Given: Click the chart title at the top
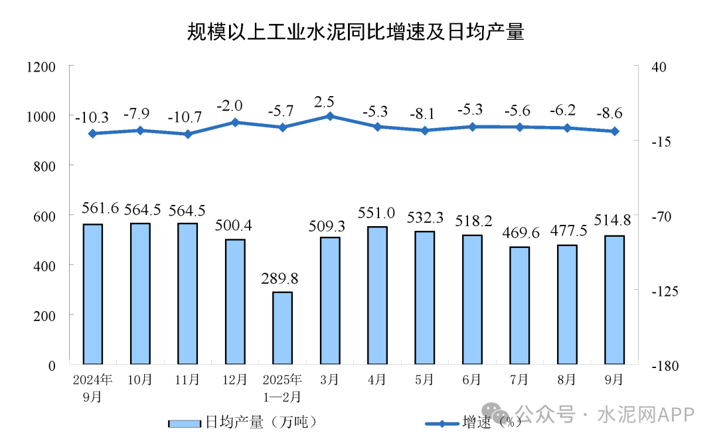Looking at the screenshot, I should tap(356, 31).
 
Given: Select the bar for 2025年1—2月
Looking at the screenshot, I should tap(282, 328).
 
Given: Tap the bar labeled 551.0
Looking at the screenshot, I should tap(377, 295).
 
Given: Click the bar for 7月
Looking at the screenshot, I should tap(519, 305).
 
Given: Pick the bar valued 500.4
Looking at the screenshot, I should tap(235, 302).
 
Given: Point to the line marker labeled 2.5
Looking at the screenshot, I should tap(330, 116).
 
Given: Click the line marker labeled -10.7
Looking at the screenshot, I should tap(188, 134).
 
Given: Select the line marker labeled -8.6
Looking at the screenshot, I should tap(615, 131).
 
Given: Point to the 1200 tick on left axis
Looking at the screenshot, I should tap(40, 67).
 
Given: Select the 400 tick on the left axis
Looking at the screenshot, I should tap(46, 265).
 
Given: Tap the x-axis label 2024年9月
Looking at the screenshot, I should tap(93, 388).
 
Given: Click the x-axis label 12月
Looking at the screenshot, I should tap(235, 380).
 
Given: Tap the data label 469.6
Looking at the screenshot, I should tap(519, 233).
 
